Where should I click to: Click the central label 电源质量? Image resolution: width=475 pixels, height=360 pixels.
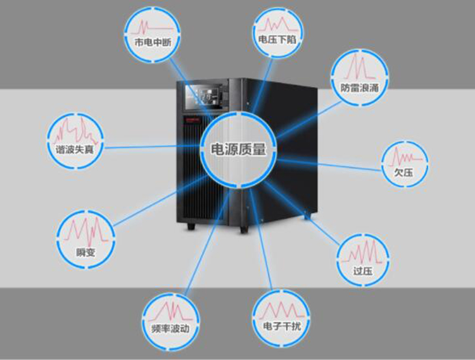[237, 150]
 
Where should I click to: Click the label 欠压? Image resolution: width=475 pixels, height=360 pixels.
[403, 170]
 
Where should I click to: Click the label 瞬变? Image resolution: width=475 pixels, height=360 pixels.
[84, 252]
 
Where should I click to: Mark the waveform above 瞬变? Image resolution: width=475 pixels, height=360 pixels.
[84, 232]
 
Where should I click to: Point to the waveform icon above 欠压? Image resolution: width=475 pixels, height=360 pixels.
[404, 155]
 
